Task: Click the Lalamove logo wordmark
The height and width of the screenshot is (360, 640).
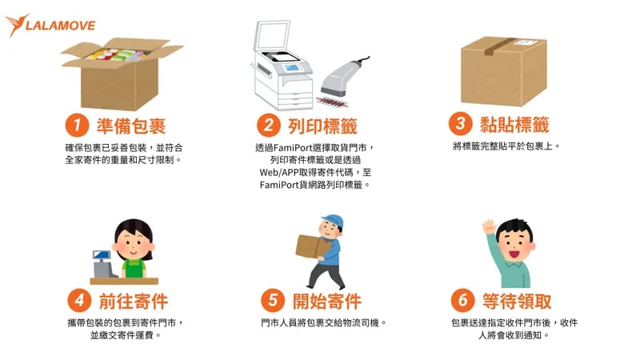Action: (x=61, y=25)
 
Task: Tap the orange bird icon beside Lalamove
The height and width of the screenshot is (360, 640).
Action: (x=15, y=25)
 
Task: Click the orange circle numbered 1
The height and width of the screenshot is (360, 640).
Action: (x=76, y=126)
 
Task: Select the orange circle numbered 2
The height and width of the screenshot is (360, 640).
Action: (x=267, y=126)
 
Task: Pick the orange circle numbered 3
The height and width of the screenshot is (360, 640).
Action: (x=460, y=124)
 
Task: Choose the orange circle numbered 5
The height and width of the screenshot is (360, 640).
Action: (x=273, y=301)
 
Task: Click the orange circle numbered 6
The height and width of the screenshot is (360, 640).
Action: (x=462, y=301)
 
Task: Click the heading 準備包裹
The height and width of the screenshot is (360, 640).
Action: (x=131, y=126)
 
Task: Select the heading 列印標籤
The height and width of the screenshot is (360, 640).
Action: (x=322, y=126)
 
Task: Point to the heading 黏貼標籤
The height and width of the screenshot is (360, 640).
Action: (x=514, y=124)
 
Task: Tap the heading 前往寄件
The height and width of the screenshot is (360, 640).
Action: (x=133, y=301)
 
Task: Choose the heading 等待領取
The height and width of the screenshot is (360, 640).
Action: (x=517, y=301)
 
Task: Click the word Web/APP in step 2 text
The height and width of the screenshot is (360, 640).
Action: (x=279, y=172)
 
